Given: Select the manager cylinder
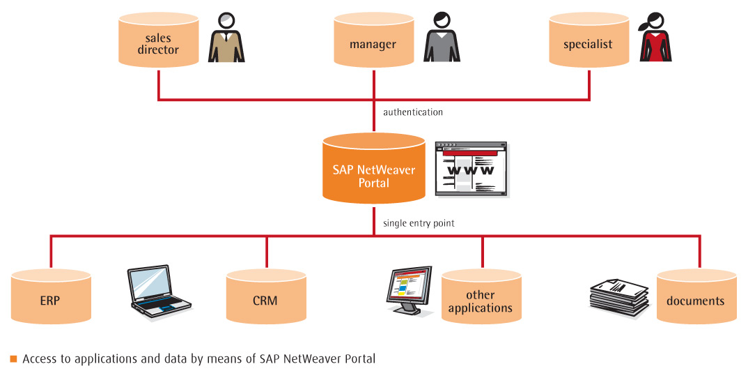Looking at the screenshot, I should click(373, 43).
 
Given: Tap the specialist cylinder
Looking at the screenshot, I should click(589, 43).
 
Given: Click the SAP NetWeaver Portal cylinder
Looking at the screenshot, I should click(373, 172).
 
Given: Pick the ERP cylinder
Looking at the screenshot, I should click(51, 298).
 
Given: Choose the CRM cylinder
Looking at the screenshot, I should click(266, 298).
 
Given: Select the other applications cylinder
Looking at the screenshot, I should click(481, 298).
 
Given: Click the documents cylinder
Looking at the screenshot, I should click(696, 298).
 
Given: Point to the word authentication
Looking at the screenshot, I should click(413, 112).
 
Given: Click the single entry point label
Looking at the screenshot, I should click(419, 224).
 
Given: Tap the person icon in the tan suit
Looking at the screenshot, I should click(226, 38).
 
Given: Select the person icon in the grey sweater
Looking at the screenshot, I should click(442, 38).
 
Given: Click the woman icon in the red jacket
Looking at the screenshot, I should click(655, 38).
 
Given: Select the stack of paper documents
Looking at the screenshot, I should click(618, 297).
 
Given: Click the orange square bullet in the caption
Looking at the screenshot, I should click(13, 359).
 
